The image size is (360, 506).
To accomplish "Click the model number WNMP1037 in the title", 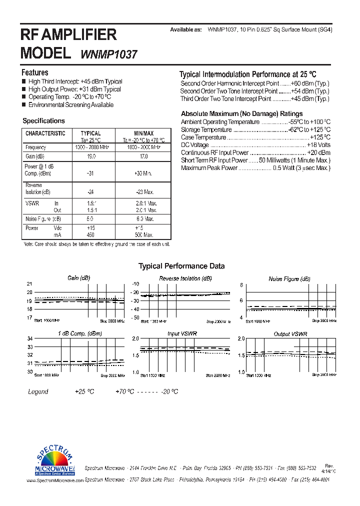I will (x=108, y=54).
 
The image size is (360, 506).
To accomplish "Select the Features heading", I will (x=34, y=72).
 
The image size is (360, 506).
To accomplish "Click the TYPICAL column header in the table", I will (x=90, y=133).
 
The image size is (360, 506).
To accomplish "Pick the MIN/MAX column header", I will (x=143, y=133).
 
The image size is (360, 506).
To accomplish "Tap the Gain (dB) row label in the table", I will (x=35, y=156).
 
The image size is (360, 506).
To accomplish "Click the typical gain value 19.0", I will (x=91, y=156).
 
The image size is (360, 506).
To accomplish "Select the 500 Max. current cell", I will (x=144, y=234).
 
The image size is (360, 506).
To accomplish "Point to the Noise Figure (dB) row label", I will (x=43, y=219).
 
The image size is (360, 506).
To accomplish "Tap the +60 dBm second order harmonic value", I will (x=310, y=83).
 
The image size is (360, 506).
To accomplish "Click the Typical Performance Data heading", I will (x=181, y=266).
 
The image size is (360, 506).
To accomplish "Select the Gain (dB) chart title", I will (x=78, y=278).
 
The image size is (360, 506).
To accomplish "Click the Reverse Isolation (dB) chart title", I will (x=185, y=278).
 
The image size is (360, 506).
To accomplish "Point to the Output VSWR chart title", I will (x=290, y=333).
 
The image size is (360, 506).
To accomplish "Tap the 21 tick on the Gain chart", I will (x=29, y=284).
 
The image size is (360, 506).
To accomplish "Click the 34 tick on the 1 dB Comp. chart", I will (x=29, y=339).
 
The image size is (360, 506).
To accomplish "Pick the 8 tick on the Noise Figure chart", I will (x=241, y=284).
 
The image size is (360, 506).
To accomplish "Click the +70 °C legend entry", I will (x=124, y=391).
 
